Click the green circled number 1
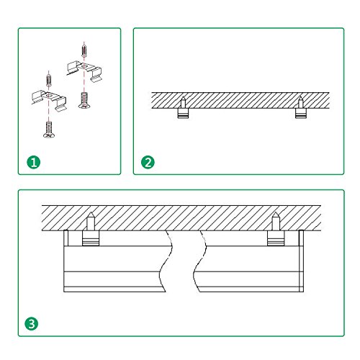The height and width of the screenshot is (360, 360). [34, 162]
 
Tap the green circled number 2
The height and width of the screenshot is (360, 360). [148, 162]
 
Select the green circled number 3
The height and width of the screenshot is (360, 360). [32, 324]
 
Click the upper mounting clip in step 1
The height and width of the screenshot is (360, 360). [84, 70]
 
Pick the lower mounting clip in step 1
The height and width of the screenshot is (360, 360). [49, 100]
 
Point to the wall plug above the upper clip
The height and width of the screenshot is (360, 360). [84, 50]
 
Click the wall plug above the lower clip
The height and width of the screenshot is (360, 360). [49, 80]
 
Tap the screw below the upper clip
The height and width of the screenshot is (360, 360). [84, 100]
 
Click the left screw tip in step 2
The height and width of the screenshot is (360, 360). [183, 96]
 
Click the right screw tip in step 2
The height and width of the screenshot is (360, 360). [300, 96]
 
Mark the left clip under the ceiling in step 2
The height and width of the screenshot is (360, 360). [184, 113]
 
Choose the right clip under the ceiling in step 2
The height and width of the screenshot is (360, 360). [301, 113]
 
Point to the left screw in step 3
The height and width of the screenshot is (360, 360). [91, 221]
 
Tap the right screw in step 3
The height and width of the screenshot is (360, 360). [276, 221]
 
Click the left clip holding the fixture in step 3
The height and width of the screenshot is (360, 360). [91, 238]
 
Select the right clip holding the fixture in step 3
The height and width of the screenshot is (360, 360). [276, 238]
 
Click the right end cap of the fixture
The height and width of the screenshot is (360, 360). [302, 261]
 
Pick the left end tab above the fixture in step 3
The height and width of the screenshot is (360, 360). [66, 238]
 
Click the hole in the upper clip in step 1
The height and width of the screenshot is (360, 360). [84, 66]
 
